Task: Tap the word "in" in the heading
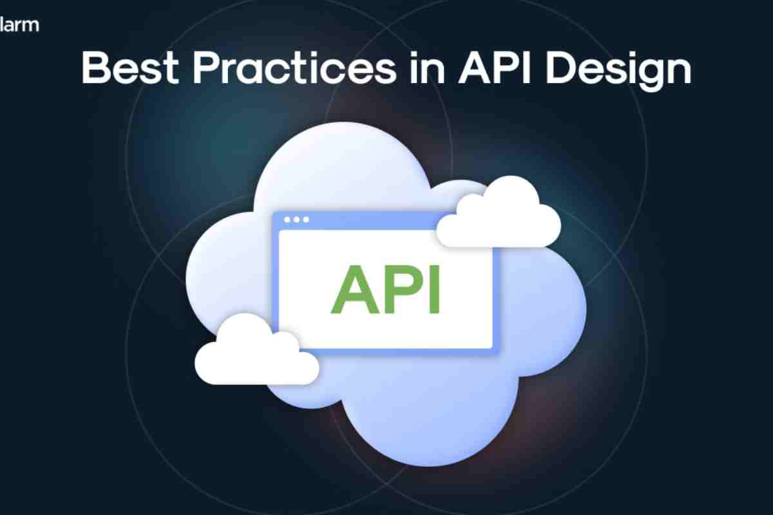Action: click(428, 69)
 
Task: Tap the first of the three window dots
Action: click(287, 220)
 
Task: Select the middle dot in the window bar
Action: click(296, 220)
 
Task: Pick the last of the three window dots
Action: click(306, 220)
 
